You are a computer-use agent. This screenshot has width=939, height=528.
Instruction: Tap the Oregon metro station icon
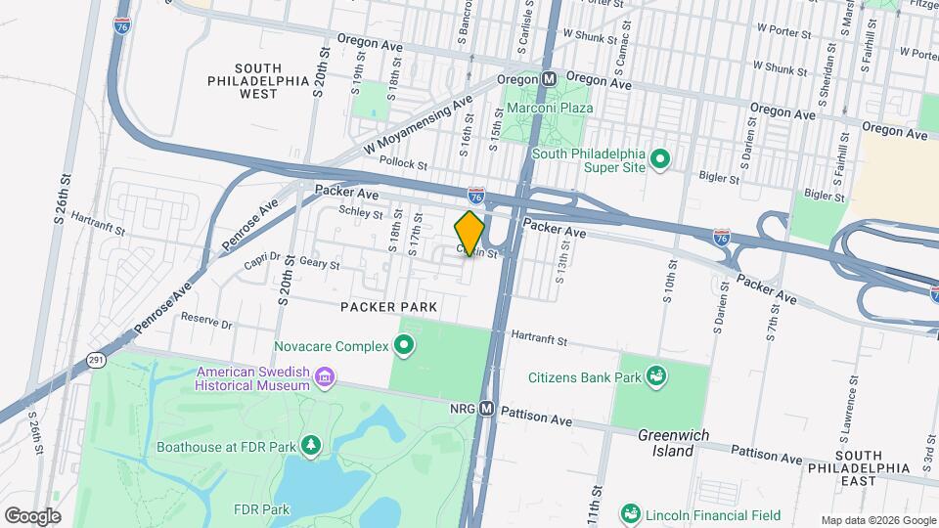[x=549, y=78]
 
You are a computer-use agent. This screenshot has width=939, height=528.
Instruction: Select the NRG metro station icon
[x=486, y=410]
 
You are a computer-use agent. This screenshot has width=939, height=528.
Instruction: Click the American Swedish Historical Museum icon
[x=325, y=377]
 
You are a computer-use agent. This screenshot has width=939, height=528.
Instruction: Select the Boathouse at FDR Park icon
[x=311, y=447]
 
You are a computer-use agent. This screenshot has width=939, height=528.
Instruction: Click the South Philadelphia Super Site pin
[x=660, y=157]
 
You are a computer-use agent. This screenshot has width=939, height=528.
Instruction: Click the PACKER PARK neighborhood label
[x=388, y=307]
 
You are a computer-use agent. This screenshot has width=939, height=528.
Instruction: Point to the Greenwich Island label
[x=666, y=443]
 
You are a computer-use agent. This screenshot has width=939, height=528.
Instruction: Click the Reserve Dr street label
[x=205, y=321]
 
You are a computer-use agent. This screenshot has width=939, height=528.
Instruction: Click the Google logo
[x=32, y=516]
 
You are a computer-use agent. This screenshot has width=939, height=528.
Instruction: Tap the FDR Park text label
[x=262, y=509]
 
